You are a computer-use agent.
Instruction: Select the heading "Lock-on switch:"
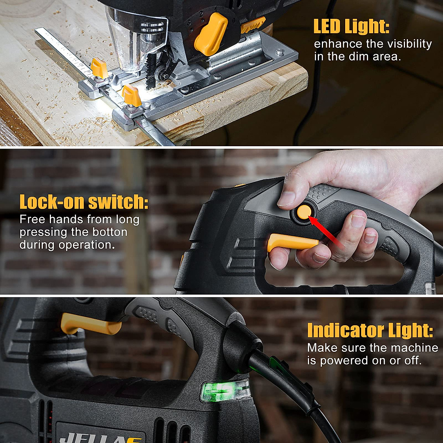pos(84,202)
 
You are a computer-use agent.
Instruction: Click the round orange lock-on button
pos(304,212)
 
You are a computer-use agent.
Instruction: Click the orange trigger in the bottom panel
pos(90,324)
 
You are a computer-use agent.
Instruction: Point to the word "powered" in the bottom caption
pos(345,360)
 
